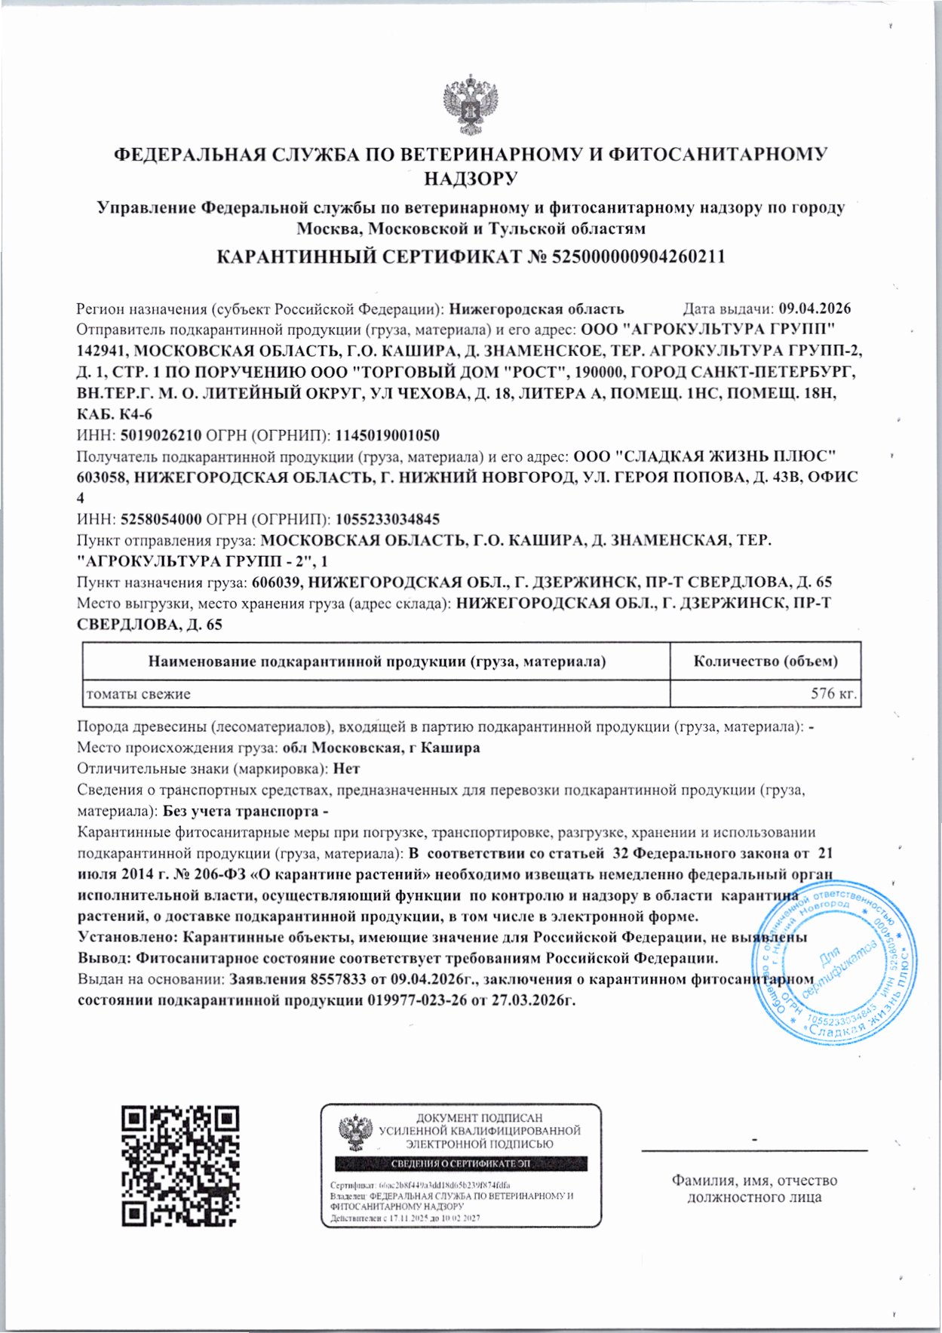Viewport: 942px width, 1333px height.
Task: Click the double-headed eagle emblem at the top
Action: pyautogui.click(x=471, y=104)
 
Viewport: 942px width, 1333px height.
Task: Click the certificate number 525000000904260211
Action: pyautogui.click(x=639, y=256)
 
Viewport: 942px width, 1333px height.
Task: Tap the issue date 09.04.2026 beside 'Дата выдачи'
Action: pyautogui.click(x=815, y=309)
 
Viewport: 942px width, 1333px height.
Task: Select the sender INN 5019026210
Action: pyautogui.click(x=158, y=435)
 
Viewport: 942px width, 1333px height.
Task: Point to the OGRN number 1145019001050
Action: pyautogui.click(x=387, y=435)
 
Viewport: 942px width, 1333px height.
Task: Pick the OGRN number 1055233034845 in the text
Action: pyautogui.click(x=387, y=519)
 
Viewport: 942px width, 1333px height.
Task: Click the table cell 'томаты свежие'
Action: pyautogui.click(x=138, y=694)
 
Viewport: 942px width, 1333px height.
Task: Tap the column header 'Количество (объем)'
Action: pyautogui.click(x=765, y=662)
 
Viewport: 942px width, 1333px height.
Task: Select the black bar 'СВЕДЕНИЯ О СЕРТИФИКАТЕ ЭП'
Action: pyautogui.click(x=461, y=1163)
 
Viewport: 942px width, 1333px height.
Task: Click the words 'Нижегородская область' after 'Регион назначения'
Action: pyautogui.click(x=536, y=309)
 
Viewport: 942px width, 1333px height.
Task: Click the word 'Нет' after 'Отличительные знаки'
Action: pyautogui.click(x=347, y=769)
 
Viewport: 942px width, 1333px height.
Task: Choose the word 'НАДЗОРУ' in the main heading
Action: pyautogui.click(x=470, y=179)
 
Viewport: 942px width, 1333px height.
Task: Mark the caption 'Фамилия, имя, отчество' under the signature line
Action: pyautogui.click(x=754, y=1181)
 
